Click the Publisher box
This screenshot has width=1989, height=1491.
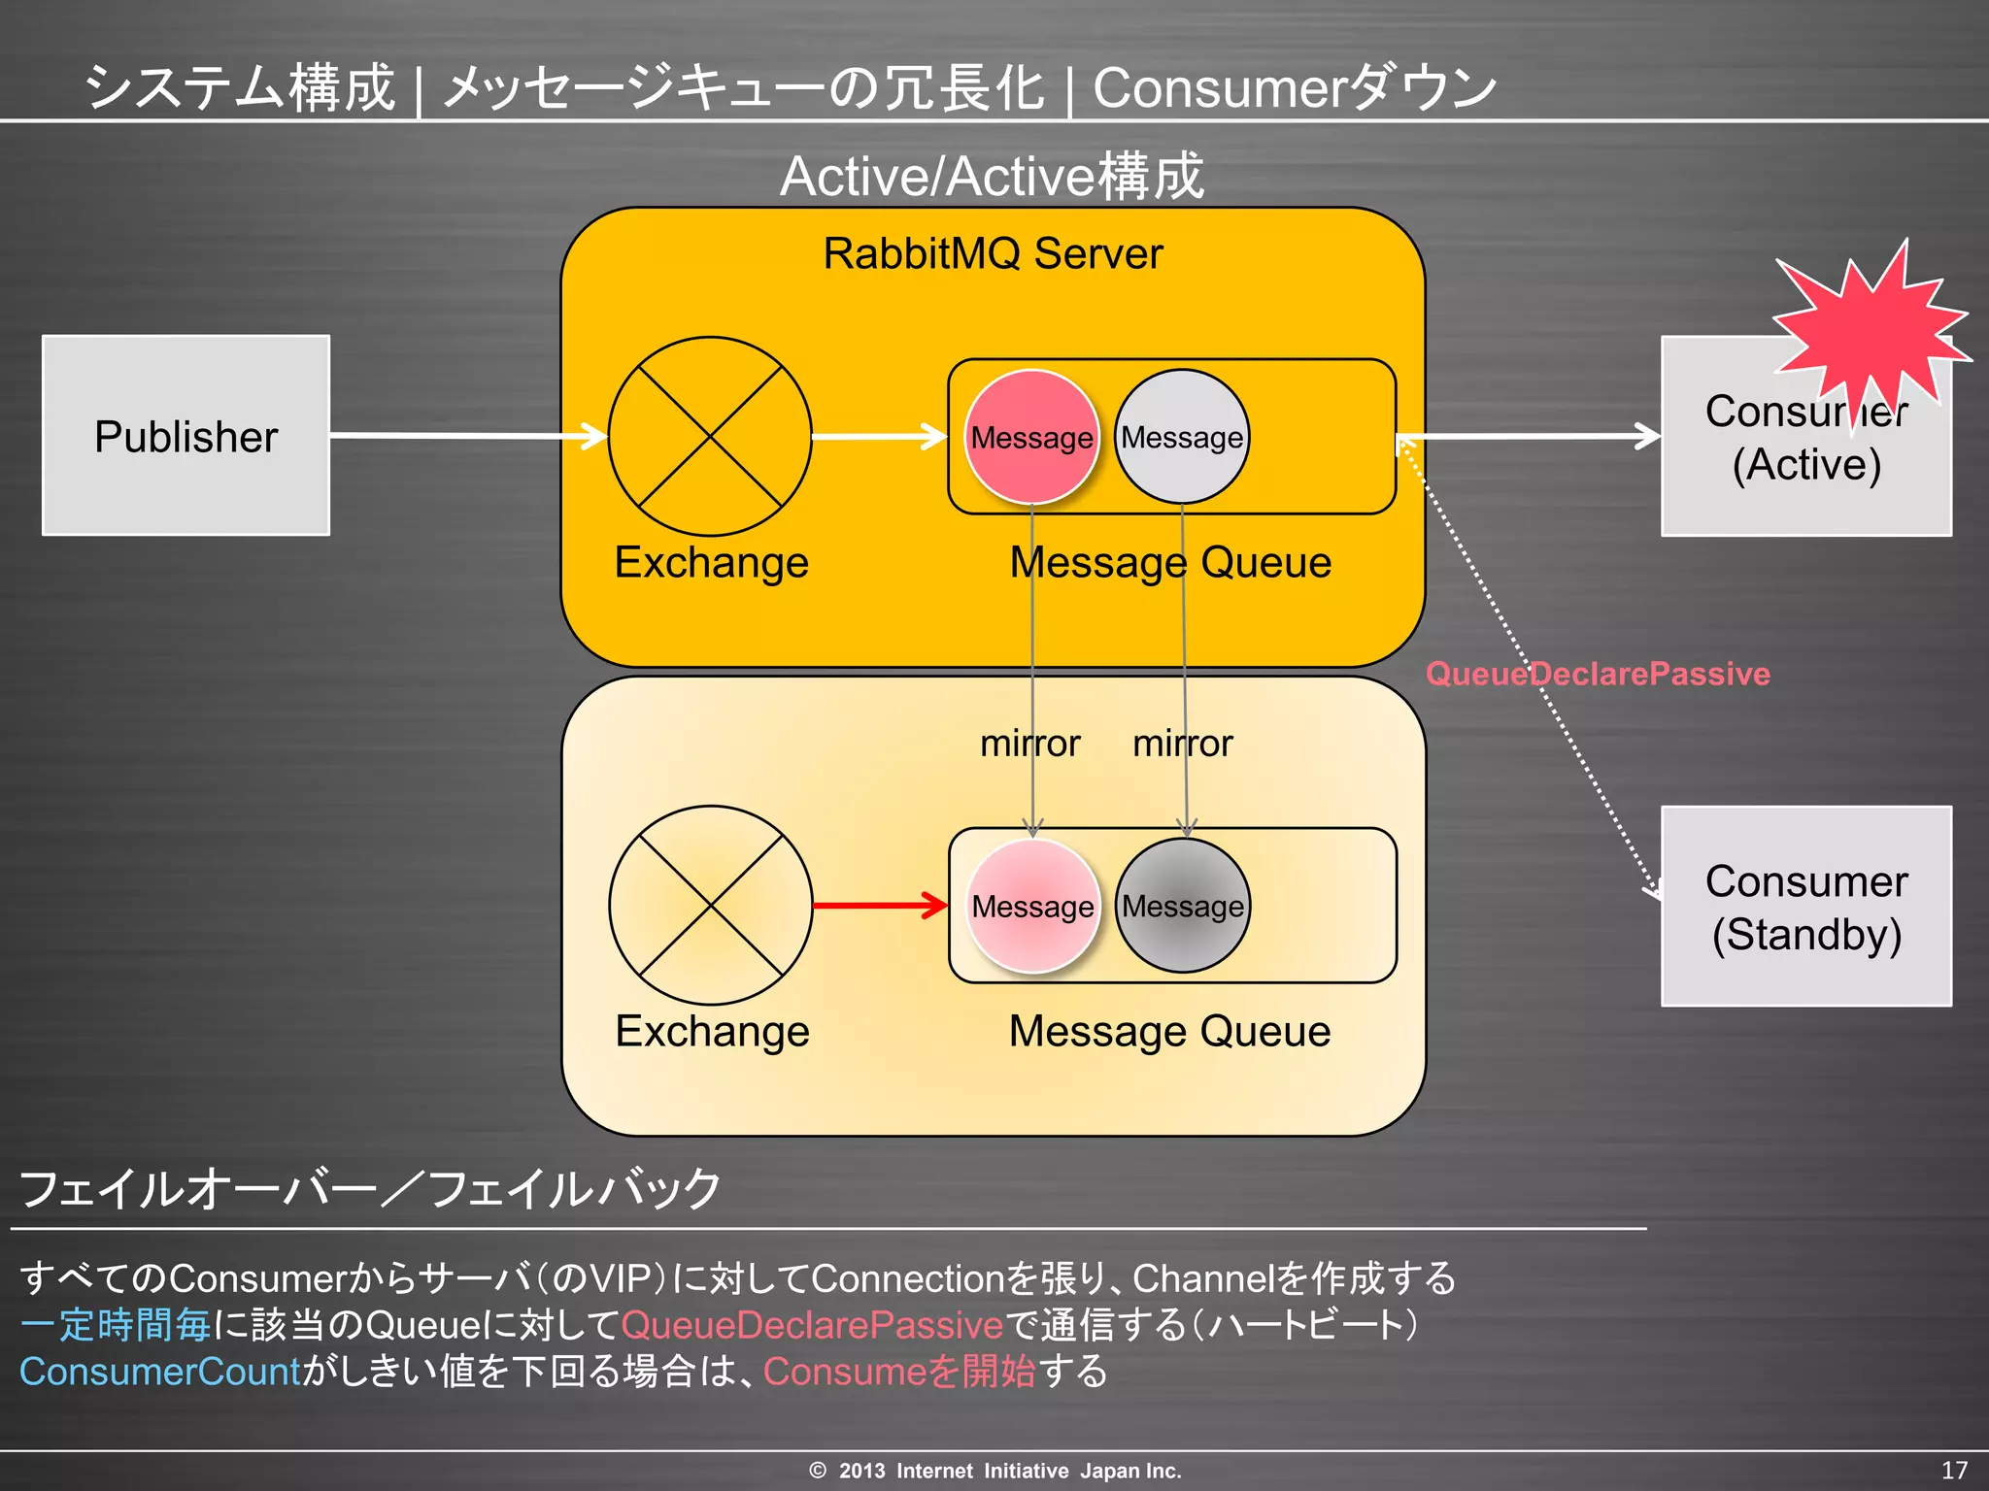click(185, 436)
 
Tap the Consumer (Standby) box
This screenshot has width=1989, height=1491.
click(1805, 907)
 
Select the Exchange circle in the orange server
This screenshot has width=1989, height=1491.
click(710, 436)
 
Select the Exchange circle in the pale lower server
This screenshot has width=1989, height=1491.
click(711, 905)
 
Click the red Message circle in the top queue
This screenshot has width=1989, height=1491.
click(1031, 437)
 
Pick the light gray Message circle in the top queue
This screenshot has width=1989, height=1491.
click(1181, 437)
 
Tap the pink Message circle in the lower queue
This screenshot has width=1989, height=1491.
click(1032, 906)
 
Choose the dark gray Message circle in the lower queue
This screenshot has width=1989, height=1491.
click(1182, 906)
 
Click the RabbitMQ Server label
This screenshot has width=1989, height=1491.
click(993, 253)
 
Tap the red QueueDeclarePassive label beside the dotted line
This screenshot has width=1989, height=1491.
click(1598, 674)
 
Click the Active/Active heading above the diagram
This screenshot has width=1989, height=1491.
click(992, 177)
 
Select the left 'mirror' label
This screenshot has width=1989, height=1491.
click(1029, 744)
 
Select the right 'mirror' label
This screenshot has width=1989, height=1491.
click(1182, 744)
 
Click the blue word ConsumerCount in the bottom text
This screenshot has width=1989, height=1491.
click(160, 1372)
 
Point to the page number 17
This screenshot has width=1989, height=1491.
click(1954, 1470)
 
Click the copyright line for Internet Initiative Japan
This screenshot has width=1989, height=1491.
click(994, 1471)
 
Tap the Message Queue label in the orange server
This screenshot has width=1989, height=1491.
click(1170, 562)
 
